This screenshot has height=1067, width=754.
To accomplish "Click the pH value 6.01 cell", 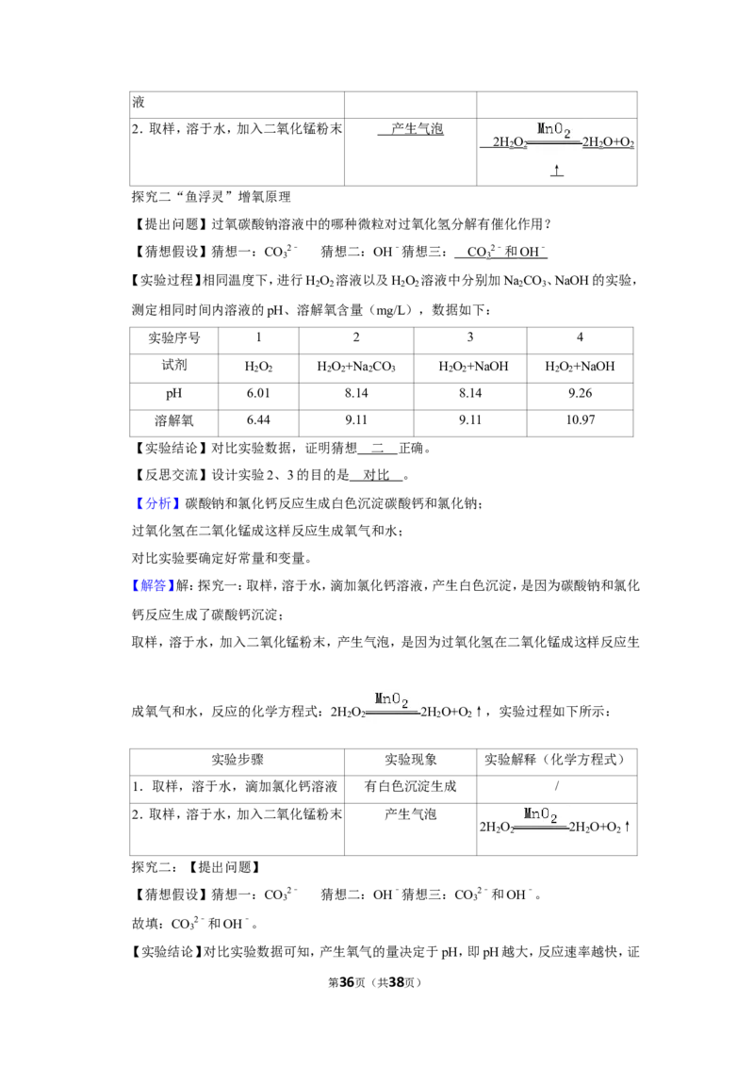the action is (258, 393).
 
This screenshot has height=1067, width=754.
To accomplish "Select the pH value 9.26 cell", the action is (580, 393).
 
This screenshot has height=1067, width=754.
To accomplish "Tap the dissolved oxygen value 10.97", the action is (580, 420).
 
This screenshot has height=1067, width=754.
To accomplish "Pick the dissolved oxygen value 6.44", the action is (258, 420).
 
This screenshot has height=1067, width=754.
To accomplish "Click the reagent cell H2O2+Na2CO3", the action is (356, 367).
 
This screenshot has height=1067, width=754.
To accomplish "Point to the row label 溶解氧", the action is (173, 420).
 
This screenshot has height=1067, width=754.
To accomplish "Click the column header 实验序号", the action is (174, 338).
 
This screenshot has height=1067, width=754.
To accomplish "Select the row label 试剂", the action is (173, 366).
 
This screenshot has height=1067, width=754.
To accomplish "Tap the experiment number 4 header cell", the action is (580, 337).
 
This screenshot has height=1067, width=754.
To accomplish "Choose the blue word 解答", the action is (153, 585).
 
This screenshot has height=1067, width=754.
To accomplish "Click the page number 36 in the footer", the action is (347, 982).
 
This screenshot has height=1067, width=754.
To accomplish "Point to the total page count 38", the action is (396, 982).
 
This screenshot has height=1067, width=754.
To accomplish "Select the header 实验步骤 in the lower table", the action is (237, 760).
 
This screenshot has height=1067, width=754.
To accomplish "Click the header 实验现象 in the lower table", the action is (410, 760).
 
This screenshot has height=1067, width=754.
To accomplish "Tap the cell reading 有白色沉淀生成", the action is (410, 787).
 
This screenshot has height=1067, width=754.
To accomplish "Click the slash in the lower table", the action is (557, 786).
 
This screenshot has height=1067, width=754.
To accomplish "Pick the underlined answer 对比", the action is (376, 475).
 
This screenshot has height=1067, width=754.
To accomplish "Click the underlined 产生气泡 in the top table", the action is (418, 128).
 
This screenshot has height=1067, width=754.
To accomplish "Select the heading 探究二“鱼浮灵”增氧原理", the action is (211, 197).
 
